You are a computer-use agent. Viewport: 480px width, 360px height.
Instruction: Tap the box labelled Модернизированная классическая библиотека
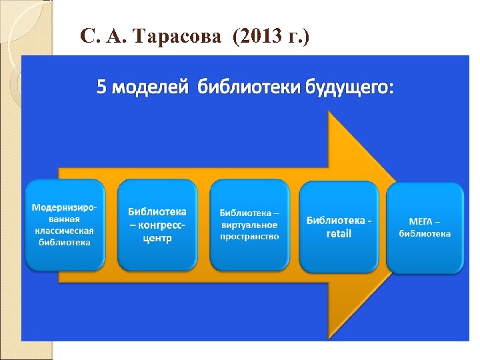[x=65, y=225]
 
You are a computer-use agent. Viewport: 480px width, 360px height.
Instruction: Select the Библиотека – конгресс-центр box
[x=157, y=225]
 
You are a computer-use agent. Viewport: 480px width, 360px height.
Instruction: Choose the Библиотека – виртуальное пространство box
[x=249, y=225]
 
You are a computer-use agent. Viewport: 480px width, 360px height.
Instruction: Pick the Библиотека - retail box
[x=339, y=226]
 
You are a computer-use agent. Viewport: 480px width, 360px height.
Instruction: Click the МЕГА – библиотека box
[x=425, y=227]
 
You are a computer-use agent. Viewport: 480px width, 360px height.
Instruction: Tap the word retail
[x=339, y=234]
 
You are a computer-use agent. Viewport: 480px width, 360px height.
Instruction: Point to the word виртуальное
[x=249, y=225]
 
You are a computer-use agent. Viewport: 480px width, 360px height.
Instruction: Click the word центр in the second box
[x=157, y=238]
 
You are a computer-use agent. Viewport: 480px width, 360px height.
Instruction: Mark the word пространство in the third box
[x=249, y=236]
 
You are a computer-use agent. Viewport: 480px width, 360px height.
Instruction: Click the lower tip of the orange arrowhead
[x=328, y=338]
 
